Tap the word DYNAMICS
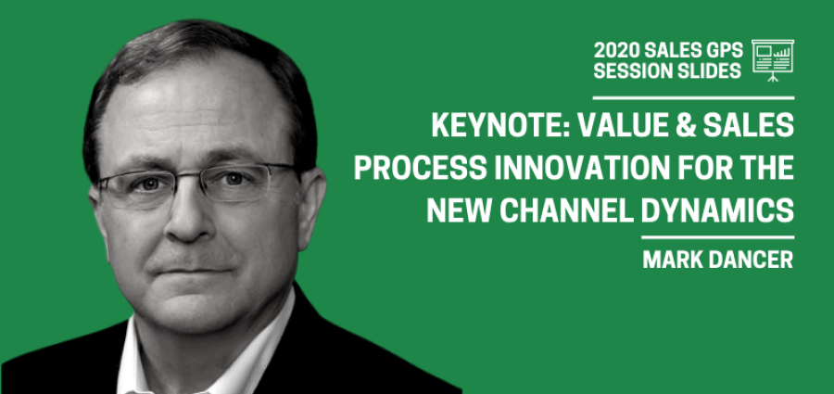(717, 210)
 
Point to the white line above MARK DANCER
(717, 237)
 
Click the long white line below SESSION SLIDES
(693, 98)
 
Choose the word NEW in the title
(459, 210)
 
